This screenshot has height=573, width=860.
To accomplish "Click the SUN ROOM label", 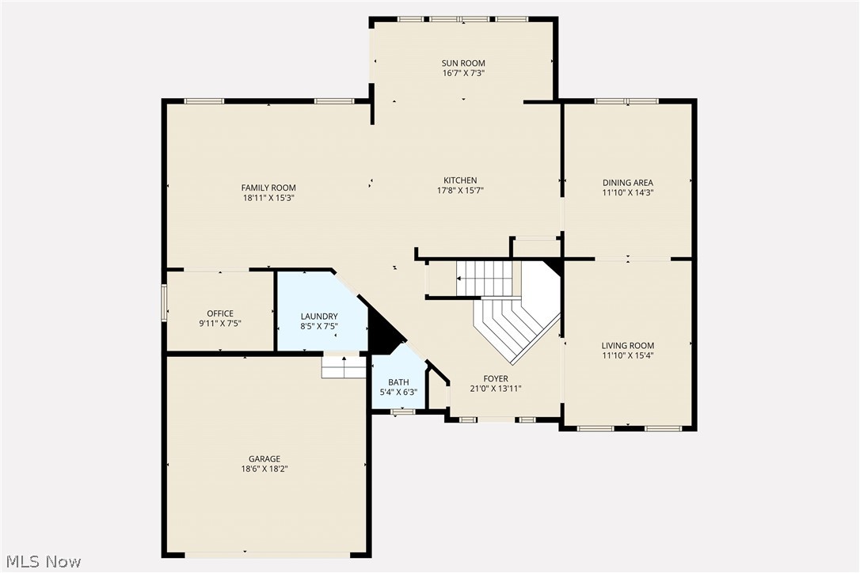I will point(463,63).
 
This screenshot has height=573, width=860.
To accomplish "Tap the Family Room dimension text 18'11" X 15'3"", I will point(268,198).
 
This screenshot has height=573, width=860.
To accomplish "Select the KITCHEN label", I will point(459,180).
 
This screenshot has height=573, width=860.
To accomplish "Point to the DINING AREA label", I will point(627,183).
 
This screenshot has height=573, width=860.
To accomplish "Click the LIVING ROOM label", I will point(627,346).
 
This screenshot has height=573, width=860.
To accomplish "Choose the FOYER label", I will point(496,379).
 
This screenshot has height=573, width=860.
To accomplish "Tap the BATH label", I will point(398,382).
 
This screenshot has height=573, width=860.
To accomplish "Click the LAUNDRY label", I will point(319,316).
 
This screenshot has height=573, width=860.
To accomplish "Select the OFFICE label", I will point(220,313).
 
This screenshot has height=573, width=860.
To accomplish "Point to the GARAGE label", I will point(264,459).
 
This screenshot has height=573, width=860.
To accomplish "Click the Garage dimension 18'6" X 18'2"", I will point(264,469).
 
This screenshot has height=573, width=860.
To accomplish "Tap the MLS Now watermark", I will point(41,562).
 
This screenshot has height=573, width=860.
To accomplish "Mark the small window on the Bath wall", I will point(403,411).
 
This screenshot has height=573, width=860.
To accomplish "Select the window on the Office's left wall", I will point(165,303).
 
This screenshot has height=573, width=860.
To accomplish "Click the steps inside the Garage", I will point(344,368).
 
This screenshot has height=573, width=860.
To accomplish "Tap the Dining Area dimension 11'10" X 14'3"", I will point(627,192).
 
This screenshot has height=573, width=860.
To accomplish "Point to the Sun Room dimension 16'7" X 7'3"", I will point(463,73).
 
